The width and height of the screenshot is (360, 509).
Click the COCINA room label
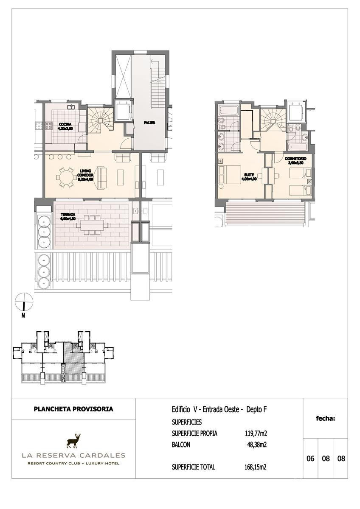(65, 124)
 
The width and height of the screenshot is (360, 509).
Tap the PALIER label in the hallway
(149, 123)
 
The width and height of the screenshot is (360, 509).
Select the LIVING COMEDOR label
(85, 173)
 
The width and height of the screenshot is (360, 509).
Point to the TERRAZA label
(67, 214)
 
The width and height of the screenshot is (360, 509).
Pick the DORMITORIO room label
(295, 159)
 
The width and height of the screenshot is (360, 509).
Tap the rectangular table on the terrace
(92, 225)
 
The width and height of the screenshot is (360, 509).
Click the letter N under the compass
(23, 315)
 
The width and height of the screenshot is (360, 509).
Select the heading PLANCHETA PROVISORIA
(73, 409)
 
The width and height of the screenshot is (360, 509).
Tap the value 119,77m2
(256, 433)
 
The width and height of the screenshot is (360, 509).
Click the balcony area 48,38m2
(257, 445)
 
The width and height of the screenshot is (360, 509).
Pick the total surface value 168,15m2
(256, 467)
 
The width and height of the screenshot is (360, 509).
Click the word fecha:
(325, 419)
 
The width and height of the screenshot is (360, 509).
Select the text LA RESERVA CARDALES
(73, 456)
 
